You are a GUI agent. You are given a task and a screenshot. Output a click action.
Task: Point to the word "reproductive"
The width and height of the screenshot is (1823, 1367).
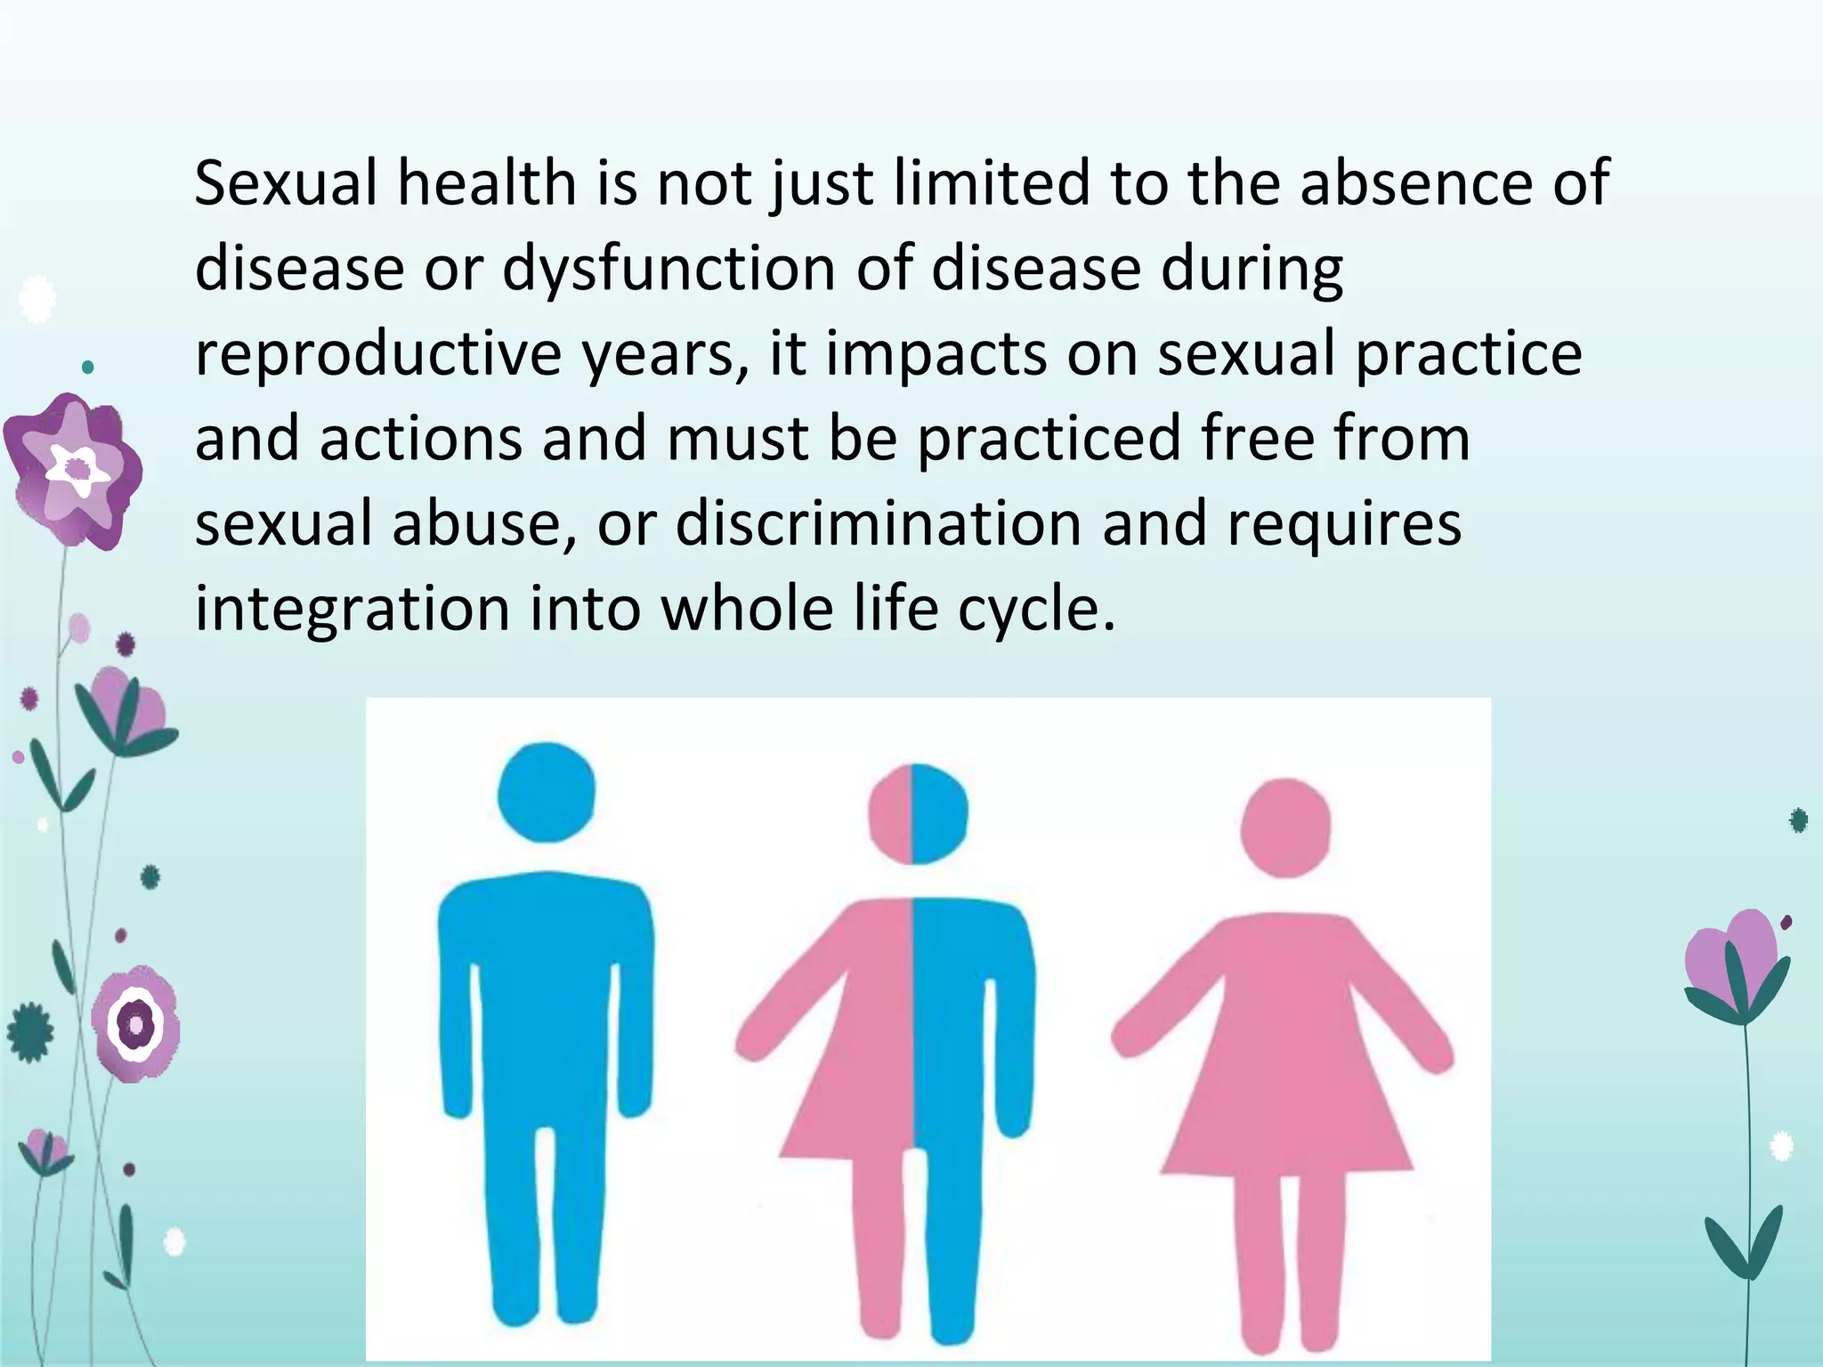click(378, 353)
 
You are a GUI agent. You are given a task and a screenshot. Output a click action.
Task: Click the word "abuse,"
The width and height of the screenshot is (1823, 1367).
click(484, 523)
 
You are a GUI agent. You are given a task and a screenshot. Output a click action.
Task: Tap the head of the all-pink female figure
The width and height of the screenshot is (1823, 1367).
click(1285, 827)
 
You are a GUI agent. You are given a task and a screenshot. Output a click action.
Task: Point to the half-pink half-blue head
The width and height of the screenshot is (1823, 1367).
click(917, 813)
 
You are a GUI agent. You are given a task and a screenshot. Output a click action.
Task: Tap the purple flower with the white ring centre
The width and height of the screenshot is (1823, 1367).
click(136, 1023)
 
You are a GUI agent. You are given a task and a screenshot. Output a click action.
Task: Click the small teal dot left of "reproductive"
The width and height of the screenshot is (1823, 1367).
click(87, 366)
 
